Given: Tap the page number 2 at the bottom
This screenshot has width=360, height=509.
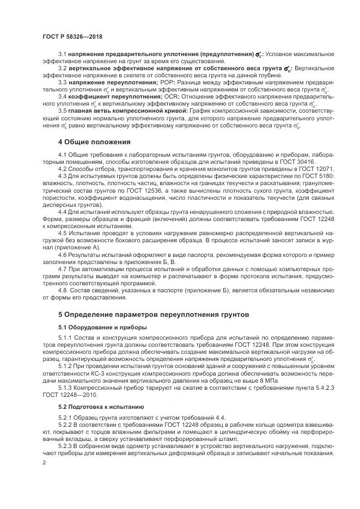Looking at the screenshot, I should pos(44,462).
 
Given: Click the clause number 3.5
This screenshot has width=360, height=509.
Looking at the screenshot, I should pos(63,111).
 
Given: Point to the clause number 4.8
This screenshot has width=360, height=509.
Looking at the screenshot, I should pos(63,290).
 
